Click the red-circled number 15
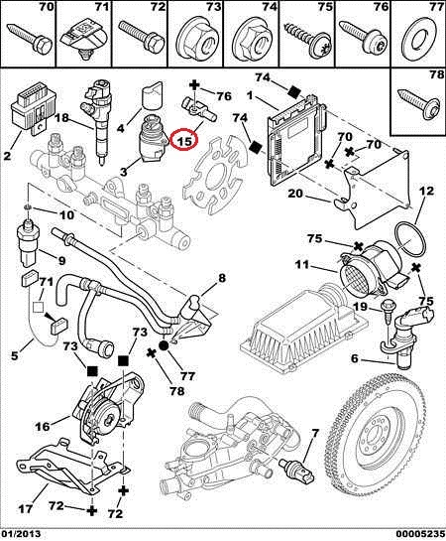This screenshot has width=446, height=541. [184, 140]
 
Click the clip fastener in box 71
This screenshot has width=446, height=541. [83, 40]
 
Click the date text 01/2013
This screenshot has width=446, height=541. [21, 534]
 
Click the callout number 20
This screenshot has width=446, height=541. [295, 194]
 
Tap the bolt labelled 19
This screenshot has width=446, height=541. [386, 312]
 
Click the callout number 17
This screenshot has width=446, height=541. [25, 508]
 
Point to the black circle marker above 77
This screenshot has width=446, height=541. [164, 345]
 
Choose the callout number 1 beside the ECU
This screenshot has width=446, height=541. [250, 95]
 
